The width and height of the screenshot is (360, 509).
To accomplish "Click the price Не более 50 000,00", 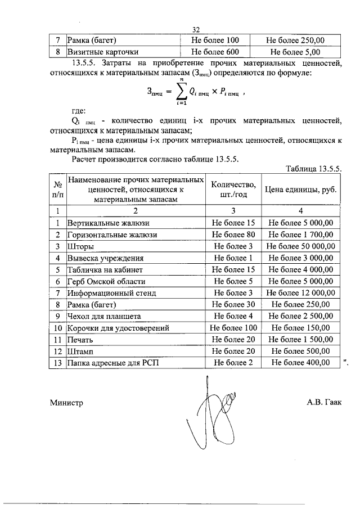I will pyautogui.click(x=301, y=246).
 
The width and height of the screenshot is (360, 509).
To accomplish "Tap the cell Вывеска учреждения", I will pyautogui.click(x=105, y=258).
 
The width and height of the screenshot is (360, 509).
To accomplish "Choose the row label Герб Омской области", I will pyautogui.click(x=106, y=281).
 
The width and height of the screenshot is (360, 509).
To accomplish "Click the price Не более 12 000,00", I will pyautogui.click(x=301, y=293).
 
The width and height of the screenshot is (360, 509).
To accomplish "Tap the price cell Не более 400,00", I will pyautogui.click(x=300, y=363).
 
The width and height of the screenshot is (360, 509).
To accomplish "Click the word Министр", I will pyautogui.click(x=66, y=403).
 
